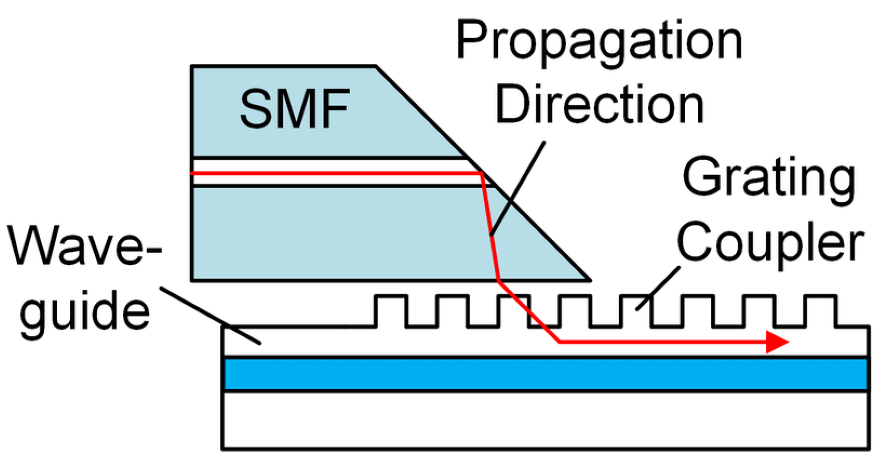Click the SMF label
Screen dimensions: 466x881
point(295,109)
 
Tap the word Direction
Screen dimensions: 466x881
point(599,105)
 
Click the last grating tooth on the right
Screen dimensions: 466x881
point(820,310)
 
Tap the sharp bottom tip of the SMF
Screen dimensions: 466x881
point(589,280)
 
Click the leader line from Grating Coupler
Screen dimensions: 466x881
point(658,289)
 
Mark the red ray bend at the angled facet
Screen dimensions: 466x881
point(482,174)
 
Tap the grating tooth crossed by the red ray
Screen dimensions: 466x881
point(514,310)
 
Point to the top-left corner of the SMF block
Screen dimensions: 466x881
point(192,66)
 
